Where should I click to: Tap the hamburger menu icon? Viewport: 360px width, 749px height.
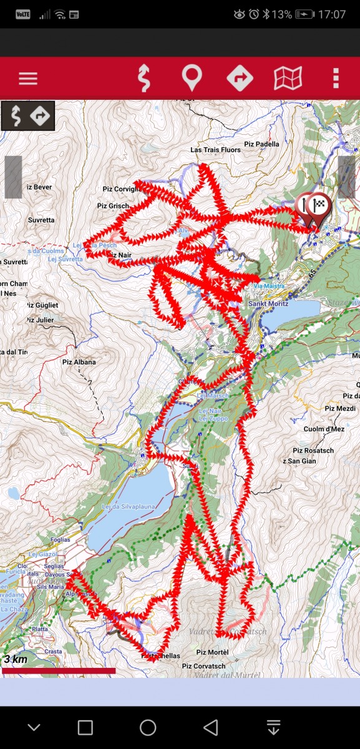click(x=28, y=79)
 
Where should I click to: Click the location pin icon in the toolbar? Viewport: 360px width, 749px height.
click(x=192, y=79)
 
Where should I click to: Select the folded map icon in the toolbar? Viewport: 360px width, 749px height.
click(x=288, y=79)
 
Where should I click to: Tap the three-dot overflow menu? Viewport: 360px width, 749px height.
click(x=336, y=79)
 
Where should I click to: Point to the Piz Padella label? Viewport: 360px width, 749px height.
click(x=262, y=144)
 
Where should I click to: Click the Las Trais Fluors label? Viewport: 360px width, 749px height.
click(x=215, y=150)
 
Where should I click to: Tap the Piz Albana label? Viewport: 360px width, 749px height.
click(x=79, y=362)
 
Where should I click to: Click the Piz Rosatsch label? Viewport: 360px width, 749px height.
click(x=313, y=451)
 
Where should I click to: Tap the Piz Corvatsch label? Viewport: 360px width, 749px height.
click(x=203, y=667)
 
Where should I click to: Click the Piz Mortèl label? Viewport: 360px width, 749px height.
click(x=213, y=652)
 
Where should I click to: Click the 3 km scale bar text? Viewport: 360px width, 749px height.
click(x=16, y=659)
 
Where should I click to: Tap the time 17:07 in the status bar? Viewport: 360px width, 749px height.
click(x=331, y=14)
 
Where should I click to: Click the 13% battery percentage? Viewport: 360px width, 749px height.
click(x=282, y=14)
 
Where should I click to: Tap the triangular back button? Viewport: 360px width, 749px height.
click(x=211, y=727)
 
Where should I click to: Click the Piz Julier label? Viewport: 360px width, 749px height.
click(x=40, y=320)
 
